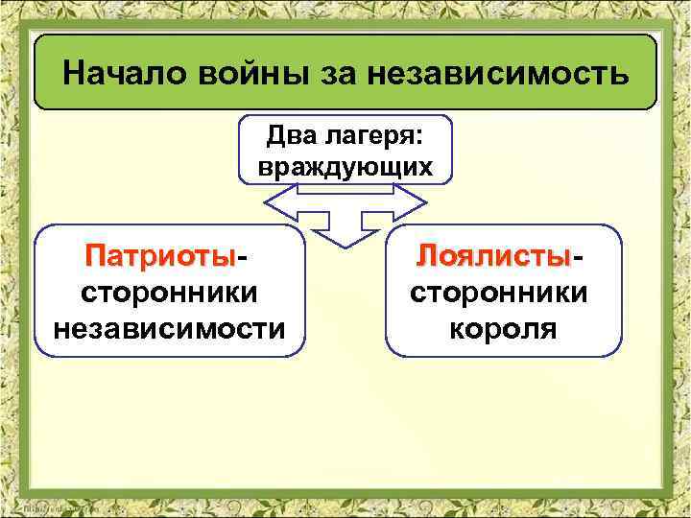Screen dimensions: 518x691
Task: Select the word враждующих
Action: [x=345, y=167]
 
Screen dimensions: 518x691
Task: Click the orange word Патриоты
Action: [x=159, y=257]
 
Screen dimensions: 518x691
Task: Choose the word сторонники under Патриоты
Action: [x=169, y=293]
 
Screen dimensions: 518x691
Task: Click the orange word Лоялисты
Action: [x=494, y=257]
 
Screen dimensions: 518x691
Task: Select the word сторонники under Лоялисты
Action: [x=500, y=293]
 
